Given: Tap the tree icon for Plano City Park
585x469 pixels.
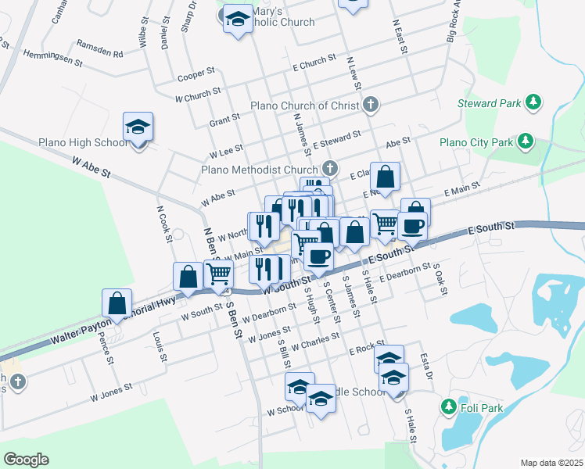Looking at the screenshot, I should (526, 141).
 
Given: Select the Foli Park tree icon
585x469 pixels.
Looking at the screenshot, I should (448, 406).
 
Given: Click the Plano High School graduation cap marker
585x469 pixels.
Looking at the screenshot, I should (138, 128).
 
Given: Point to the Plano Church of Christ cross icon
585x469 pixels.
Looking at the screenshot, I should (371, 105).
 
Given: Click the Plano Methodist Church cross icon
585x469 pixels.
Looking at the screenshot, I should (330, 168).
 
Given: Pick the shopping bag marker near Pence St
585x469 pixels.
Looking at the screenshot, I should (117, 303).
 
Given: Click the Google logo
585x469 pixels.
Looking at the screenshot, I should (26, 460).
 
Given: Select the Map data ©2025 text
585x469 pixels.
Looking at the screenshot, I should (551, 463).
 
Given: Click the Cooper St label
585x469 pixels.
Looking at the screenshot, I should (196, 74).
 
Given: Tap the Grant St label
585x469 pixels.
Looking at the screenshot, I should (224, 120).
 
